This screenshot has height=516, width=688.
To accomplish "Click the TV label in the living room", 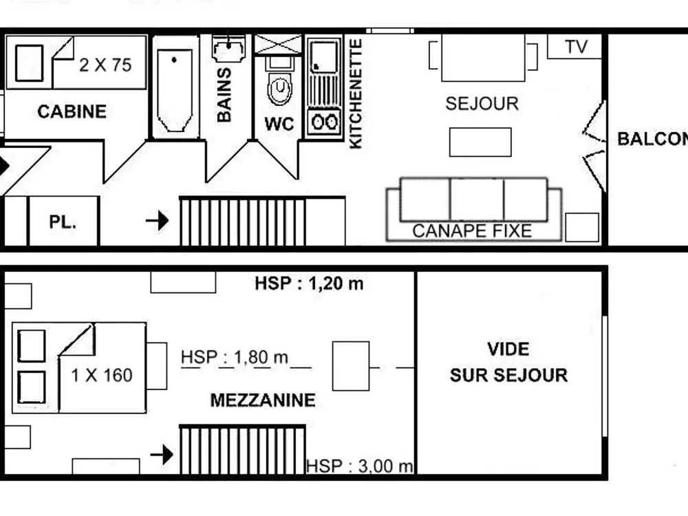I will [x=577, y=47].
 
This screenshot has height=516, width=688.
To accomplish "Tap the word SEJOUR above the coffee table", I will [x=482, y=104].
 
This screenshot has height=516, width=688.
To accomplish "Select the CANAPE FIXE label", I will [x=472, y=231].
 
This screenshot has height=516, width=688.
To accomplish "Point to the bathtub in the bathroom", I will [x=174, y=89].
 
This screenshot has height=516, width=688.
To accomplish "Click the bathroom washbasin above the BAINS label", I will [x=230, y=50].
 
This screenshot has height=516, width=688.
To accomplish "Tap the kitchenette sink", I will [x=323, y=56].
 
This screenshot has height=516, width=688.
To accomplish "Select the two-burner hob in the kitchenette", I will [x=323, y=122].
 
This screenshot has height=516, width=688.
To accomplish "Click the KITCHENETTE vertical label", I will [x=356, y=94].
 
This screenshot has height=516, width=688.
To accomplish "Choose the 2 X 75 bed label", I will [x=105, y=65].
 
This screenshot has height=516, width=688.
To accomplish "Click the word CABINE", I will [x=72, y=111].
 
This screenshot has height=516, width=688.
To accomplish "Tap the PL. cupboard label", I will [x=63, y=222].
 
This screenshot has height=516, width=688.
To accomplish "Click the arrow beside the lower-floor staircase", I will [x=158, y=221].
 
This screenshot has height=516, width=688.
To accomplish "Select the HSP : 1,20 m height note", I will [x=309, y=283].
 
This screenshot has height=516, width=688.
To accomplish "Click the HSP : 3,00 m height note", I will [x=359, y=466].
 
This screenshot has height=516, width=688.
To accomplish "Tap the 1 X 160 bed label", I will [x=102, y=376].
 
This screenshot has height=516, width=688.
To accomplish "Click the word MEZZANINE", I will [x=263, y=400].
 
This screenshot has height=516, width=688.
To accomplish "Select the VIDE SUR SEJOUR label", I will [x=509, y=362].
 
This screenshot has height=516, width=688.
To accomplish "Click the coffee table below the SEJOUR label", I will [x=480, y=142].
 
